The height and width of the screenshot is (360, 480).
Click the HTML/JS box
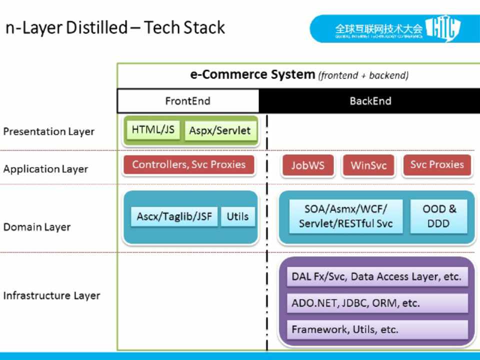tap(153, 130)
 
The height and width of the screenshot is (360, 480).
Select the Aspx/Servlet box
tap(219, 131)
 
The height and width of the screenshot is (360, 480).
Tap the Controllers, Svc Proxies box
tap(189, 165)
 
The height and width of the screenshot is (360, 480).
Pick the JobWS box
tap(308, 165)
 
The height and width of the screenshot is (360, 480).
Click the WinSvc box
tap(368, 165)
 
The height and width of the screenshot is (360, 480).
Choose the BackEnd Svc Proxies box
tap(437, 165)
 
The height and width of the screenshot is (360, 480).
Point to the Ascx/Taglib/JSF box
tap(174, 217)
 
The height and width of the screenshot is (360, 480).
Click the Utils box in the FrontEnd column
tap(237, 217)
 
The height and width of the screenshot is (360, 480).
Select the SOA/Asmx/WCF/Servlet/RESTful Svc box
tap(346, 216)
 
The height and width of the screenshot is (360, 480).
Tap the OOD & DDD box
tap(438, 216)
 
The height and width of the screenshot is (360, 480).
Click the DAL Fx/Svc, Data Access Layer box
tap(377, 276)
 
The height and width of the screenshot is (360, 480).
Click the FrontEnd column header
tap(188, 101)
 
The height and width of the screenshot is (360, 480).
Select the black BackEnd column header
tap(370, 101)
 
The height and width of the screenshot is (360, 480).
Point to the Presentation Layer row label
tap(49, 131)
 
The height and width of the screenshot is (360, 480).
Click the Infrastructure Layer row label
tap(51, 295)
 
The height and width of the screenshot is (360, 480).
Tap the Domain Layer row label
tap(37, 227)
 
